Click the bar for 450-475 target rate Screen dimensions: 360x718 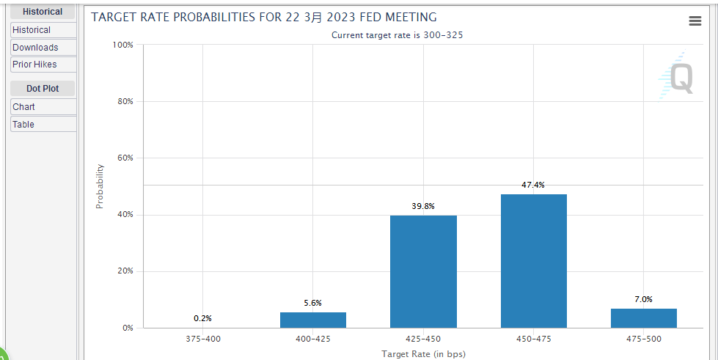point(533,261)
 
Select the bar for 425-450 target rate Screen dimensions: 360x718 point(423,271)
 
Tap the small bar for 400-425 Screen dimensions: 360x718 point(313,320)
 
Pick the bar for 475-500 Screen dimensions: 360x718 point(643,318)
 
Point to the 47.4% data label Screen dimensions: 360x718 point(533,185)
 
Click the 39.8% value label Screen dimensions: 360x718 point(423,206)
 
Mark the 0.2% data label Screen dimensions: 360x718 point(202,318)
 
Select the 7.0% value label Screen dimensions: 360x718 point(643,299)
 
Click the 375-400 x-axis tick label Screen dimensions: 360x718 point(202,339)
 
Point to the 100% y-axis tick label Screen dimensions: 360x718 point(122,45)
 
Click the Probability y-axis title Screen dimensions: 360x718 point(100,186)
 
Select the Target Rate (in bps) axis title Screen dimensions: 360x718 point(422,354)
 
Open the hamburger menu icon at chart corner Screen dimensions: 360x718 point(695,21)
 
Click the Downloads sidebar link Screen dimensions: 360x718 point(35,48)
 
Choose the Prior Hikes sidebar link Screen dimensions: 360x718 point(34,65)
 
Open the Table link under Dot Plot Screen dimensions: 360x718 point(23,125)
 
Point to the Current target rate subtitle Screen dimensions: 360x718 point(397,35)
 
